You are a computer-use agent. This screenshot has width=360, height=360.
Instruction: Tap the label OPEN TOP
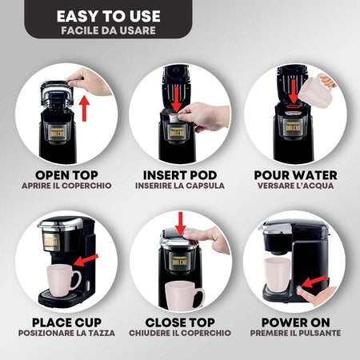pos(66,174)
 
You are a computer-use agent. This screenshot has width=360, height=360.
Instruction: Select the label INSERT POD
pos(180,174)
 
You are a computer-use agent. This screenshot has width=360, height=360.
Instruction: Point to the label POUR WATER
pos(294,174)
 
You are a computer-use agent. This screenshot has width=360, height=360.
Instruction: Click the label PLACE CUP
pos(66,322)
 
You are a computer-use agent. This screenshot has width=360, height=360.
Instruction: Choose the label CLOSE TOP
pos(180,322)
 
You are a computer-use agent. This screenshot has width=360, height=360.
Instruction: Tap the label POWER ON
pos(294,322)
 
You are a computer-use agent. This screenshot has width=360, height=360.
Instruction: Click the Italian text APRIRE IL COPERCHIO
pos(66,186)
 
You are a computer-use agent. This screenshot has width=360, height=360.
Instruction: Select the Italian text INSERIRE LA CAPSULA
pos(180,186)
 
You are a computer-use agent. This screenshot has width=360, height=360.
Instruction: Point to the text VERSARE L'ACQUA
pos(294,186)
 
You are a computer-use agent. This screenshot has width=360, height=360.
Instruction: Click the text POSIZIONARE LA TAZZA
pos(66,333)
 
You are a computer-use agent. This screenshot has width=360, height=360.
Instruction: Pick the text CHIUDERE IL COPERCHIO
pos(180,333)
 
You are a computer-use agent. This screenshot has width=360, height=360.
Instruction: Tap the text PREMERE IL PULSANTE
pos(294,333)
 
